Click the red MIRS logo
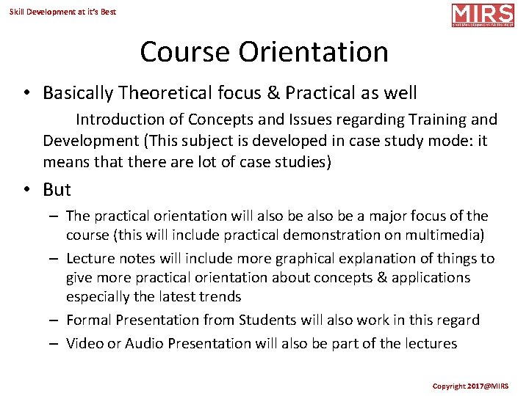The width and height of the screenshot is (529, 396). point(482,15)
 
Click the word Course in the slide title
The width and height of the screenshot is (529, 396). point(184,52)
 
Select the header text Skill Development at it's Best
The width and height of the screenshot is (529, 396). point(63,12)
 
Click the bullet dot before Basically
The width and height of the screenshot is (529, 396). point(26,93)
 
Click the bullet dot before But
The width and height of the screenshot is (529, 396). point(26,189)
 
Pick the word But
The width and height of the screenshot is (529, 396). point(57,189)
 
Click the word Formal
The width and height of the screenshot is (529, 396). point(88,320)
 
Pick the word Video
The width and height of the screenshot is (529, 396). point(84,344)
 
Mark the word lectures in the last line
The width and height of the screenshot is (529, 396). point(429,344)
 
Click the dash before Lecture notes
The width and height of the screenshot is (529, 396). point(55,259)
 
